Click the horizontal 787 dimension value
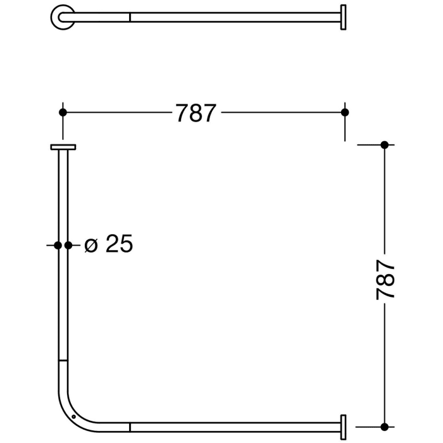[196, 113]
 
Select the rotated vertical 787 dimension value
[385, 279]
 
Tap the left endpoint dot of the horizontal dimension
[62, 112]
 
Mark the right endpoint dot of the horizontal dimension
[345, 112]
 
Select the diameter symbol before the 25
[91, 245]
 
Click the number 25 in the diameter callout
[119, 244]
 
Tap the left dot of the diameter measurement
[58, 245]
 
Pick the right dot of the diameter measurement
[68, 245]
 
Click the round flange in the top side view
[61, 17]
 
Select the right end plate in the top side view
[343, 17]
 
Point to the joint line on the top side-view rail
[130, 17]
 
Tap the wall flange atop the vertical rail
[63, 147]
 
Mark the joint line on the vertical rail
[63, 361]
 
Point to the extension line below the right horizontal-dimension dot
[345, 130]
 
